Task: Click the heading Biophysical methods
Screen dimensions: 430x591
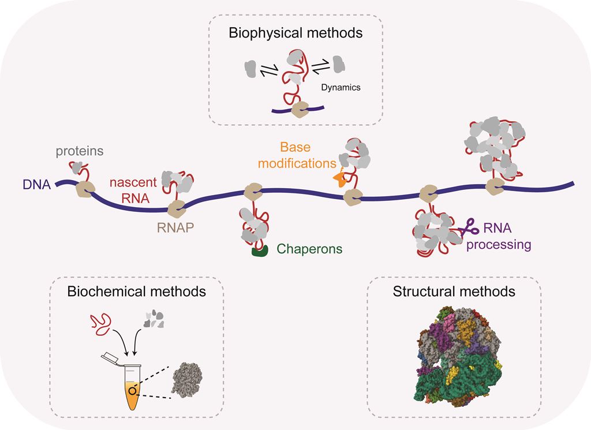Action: pyautogui.click(x=295, y=33)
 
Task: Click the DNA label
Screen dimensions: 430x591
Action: pyautogui.click(x=36, y=186)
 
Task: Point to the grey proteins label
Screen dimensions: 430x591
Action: pyautogui.click(x=80, y=151)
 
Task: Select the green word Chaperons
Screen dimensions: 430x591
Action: pyautogui.click(x=310, y=249)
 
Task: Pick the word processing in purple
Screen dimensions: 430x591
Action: pyautogui.click(x=499, y=244)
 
